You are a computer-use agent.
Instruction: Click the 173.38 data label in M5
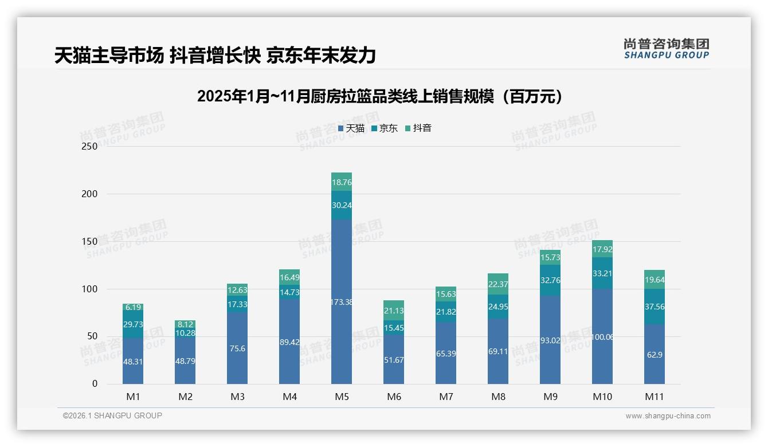pos(342,302)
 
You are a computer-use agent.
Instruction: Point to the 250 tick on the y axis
pos(90,146)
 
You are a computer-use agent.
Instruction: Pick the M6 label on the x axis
pos(394,397)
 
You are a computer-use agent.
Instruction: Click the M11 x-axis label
pos(654,397)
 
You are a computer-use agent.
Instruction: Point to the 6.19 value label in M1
pos(133,308)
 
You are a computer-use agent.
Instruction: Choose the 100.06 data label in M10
pos(602,337)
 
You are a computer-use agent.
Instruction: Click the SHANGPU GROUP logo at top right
pos(666,49)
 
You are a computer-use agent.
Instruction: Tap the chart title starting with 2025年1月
pos(379,96)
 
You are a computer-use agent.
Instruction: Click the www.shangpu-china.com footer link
pos(668,416)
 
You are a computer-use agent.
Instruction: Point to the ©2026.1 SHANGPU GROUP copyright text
pos(112,415)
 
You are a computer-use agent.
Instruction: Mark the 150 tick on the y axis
pos(90,241)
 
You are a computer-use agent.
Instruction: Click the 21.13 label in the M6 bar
pos(394,311)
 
